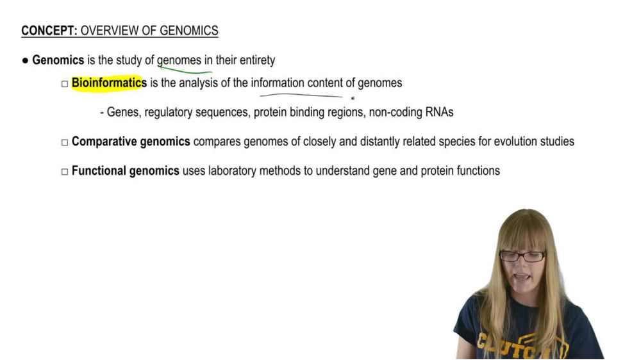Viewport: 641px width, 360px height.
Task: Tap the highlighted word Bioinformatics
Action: (x=109, y=83)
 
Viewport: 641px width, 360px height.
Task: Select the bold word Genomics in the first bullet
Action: (x=58, y=60)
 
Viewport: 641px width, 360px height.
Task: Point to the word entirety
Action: (x=257, y=60)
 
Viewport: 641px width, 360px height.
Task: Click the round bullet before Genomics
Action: (x=26, y=61)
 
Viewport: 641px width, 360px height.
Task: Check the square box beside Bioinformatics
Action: (x=65, y=84)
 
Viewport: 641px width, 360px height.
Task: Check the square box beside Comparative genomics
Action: (x=65, y=143)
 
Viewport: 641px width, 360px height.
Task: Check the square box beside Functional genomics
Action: (x=65, y=172)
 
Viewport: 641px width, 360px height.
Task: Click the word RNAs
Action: (x=440, y=112)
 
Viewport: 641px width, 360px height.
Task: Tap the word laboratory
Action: (x=232, y=171)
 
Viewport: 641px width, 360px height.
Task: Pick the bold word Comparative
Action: (x=104, y=142)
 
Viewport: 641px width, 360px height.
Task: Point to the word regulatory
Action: (x=169, y=112)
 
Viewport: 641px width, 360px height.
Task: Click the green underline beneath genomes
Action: (x=185, y=70)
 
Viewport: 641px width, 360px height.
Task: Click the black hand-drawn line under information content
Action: (x=301, y=95)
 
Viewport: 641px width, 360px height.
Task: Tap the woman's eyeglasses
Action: (x=522, y=256)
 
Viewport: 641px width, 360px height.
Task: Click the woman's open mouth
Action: (x=521, y=277)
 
